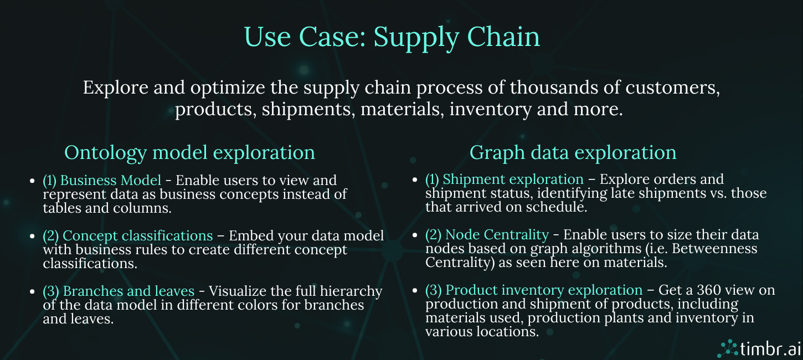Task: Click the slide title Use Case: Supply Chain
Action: click(x=392, y=38)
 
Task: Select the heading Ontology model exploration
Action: click(x=189, y=153)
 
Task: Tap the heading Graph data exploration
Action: click(x=573, y=153)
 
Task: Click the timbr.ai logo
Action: click(x=759, y=348)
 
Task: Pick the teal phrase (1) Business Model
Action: click(x=102, y=181)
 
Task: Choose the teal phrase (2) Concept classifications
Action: click(x=127, y=236)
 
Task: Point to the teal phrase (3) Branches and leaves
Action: click(x=119, y=291)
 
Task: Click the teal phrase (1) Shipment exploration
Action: click(x=504, y=179)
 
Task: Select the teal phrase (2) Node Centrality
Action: click(x=487, y=235)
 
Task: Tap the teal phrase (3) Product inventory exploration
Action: click(x=534, y=290)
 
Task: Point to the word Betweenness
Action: click(x=714, y=249)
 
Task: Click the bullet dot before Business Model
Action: click(x=33, y=181)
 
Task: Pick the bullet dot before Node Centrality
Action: click(x=415, y=235)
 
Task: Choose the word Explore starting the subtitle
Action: click(x=116, y=88)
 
